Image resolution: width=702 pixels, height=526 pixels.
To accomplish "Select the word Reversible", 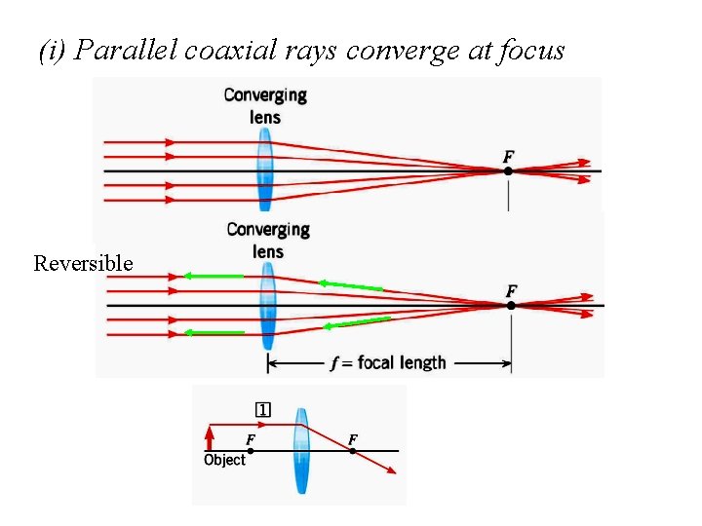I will click(83, 263).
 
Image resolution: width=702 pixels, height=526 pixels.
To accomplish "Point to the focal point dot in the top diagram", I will click(508, 171).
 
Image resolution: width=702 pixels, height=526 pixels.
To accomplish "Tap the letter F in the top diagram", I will click(508, 156).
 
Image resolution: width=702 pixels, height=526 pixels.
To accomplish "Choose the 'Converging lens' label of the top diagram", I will click(265, 106).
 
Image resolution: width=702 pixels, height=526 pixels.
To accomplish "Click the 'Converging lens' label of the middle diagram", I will click(268, 241).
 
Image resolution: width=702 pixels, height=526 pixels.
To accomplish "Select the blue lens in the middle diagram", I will click(267, 306).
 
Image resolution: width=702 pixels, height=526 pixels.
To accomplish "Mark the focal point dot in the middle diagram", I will click(511, 306).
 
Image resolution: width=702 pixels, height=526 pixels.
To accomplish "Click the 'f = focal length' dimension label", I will click(388, 363).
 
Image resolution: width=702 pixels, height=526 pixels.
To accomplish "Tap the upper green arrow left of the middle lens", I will click(213, 277).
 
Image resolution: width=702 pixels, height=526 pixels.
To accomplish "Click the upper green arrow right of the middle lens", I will click(349, 285).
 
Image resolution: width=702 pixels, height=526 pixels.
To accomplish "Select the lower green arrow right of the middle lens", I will click(356, 322).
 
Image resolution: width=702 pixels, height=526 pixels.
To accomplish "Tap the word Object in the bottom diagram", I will click(224, 460).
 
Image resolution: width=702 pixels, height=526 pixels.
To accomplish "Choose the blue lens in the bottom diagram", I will click(301, 450).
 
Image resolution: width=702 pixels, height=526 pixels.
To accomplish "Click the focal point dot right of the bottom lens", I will click(352, 450).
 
